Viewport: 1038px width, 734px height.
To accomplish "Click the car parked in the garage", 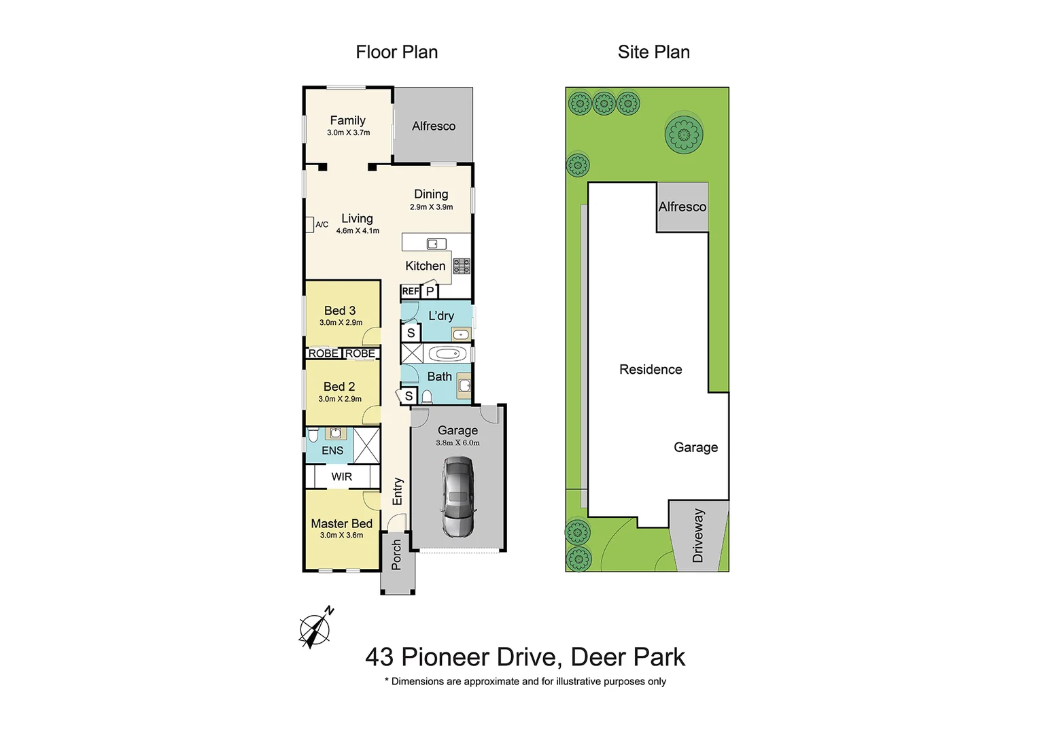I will coord(458,496).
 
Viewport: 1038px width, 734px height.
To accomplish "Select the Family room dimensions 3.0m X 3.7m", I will coord(348,133).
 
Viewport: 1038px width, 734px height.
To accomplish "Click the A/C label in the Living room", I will coord(322,224).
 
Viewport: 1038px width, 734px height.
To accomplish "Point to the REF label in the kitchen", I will coord(410,292).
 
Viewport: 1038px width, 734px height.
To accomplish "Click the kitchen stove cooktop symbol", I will coord(462,266).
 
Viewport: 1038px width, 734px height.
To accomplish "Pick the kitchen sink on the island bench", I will coord(436,244).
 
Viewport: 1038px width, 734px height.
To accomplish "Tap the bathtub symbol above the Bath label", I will coord(447,353).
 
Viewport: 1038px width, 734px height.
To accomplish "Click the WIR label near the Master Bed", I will coord(342,477).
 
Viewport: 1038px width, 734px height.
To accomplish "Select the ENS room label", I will coord(332,451).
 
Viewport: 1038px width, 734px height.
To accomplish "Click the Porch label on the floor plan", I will coord(397,555).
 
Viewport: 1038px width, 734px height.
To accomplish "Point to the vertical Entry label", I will coord(398,491).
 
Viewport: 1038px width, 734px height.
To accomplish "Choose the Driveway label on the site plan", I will coord(698,536).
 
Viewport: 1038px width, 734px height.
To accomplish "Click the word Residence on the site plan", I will coord(651,370).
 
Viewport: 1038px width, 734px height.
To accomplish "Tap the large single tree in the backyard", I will coord(684,135).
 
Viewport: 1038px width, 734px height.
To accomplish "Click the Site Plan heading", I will coord(653,52).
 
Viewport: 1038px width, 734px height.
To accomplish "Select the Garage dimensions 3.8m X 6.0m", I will coord(457,443).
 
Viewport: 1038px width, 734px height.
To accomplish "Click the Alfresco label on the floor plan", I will coord(434,126).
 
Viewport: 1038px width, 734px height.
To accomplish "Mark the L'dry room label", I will coord(441,316).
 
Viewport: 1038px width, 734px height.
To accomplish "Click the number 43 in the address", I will coord(379,657).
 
